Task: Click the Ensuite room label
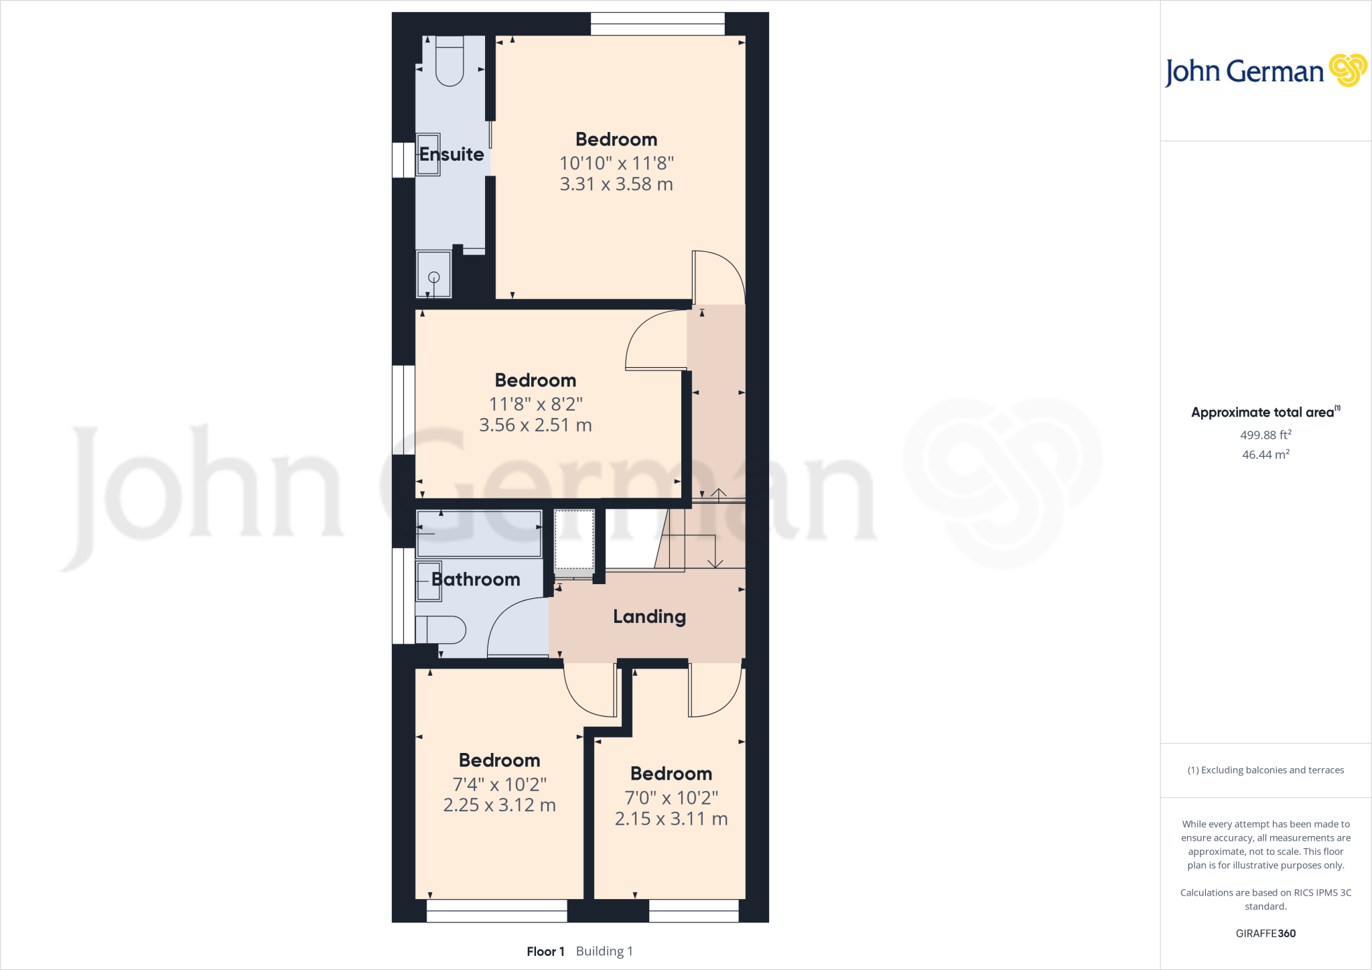coord(452,154)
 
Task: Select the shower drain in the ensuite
coord(433,277)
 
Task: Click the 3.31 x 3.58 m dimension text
coord(616,184)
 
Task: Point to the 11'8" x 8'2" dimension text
coord(535,404)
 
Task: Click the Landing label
coord(649,616)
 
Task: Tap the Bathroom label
coord(476,579)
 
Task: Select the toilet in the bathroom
coord(441,630)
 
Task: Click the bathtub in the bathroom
coord(478,534)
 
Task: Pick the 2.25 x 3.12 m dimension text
coord(499,805)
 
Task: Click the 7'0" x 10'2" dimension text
coord(671,798)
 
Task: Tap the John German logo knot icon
coord(1348,70)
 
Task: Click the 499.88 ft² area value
coord(1265,435)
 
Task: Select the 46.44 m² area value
coord(1265,454)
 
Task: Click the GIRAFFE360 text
coord(1265,933)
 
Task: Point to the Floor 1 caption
coord(545,951)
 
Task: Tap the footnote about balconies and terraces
coord(1265,770)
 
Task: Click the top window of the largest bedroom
coord(657,23)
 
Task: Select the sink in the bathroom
coord(429,581)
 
